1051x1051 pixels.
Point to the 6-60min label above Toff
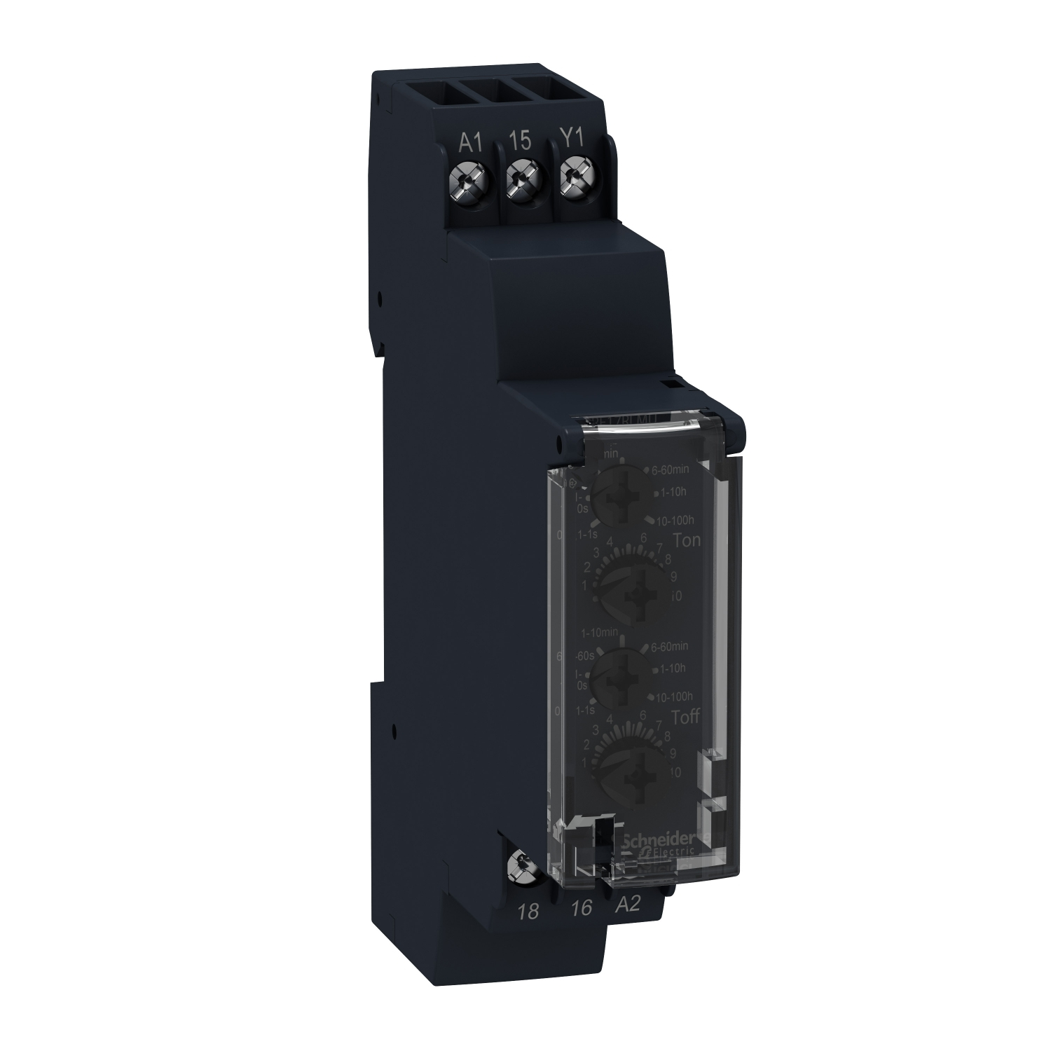click(669, 645)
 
